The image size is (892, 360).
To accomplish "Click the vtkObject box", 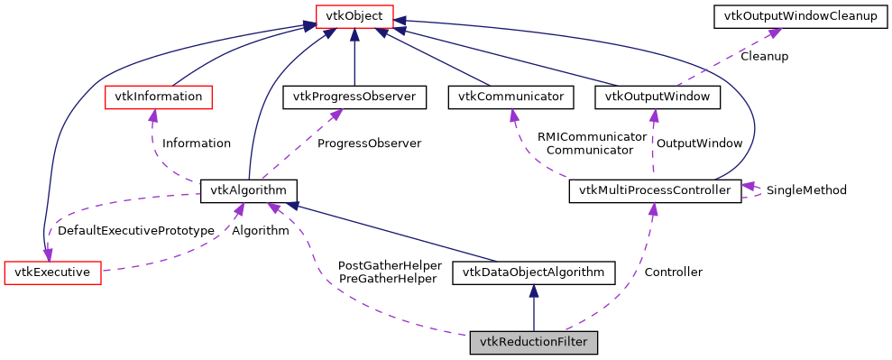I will point(354,15).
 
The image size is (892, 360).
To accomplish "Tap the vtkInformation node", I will point(159,97).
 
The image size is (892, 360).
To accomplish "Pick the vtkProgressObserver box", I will point(354,97).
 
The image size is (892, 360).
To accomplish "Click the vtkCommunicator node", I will point(510,97).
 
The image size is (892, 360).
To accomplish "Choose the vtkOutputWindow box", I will point(658,97).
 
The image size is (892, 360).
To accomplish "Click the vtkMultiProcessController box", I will point(655,190).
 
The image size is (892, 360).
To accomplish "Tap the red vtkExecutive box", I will point(52,272).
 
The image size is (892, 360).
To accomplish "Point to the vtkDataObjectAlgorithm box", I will point(533,272).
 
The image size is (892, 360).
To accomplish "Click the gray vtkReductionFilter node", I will point(533,342).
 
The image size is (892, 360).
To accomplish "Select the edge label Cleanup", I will point(764,56).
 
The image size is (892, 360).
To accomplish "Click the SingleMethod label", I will point(805,190).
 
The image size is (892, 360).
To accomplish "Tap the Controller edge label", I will point(673,272).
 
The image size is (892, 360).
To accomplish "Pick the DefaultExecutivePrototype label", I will point(135,231).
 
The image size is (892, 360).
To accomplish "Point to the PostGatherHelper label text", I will point(389,265).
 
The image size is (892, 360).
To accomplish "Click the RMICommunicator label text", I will point(592,136).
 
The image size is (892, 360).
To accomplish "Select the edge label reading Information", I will point(196,143).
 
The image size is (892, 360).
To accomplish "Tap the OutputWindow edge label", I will point(699,143).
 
